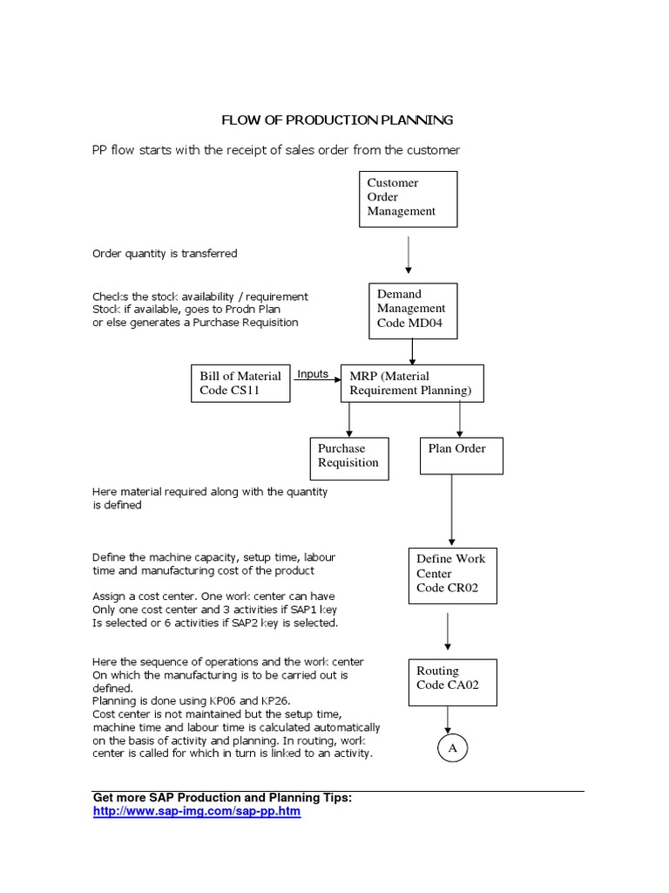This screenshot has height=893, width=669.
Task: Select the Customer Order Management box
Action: pos(409,198)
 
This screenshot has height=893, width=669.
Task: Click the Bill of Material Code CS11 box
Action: pos(240,384)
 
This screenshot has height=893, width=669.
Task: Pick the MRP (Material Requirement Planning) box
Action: pos(410,384)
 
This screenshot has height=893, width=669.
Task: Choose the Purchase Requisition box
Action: pos(348,456)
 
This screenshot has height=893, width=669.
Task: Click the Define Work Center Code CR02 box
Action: pos(452,575)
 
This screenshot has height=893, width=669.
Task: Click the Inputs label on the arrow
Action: pos(313,374)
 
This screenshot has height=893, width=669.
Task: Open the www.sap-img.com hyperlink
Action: pos(196,811)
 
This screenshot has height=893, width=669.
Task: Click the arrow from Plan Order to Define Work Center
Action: pos(451,510)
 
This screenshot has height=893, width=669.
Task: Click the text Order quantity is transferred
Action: pos(165,254)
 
